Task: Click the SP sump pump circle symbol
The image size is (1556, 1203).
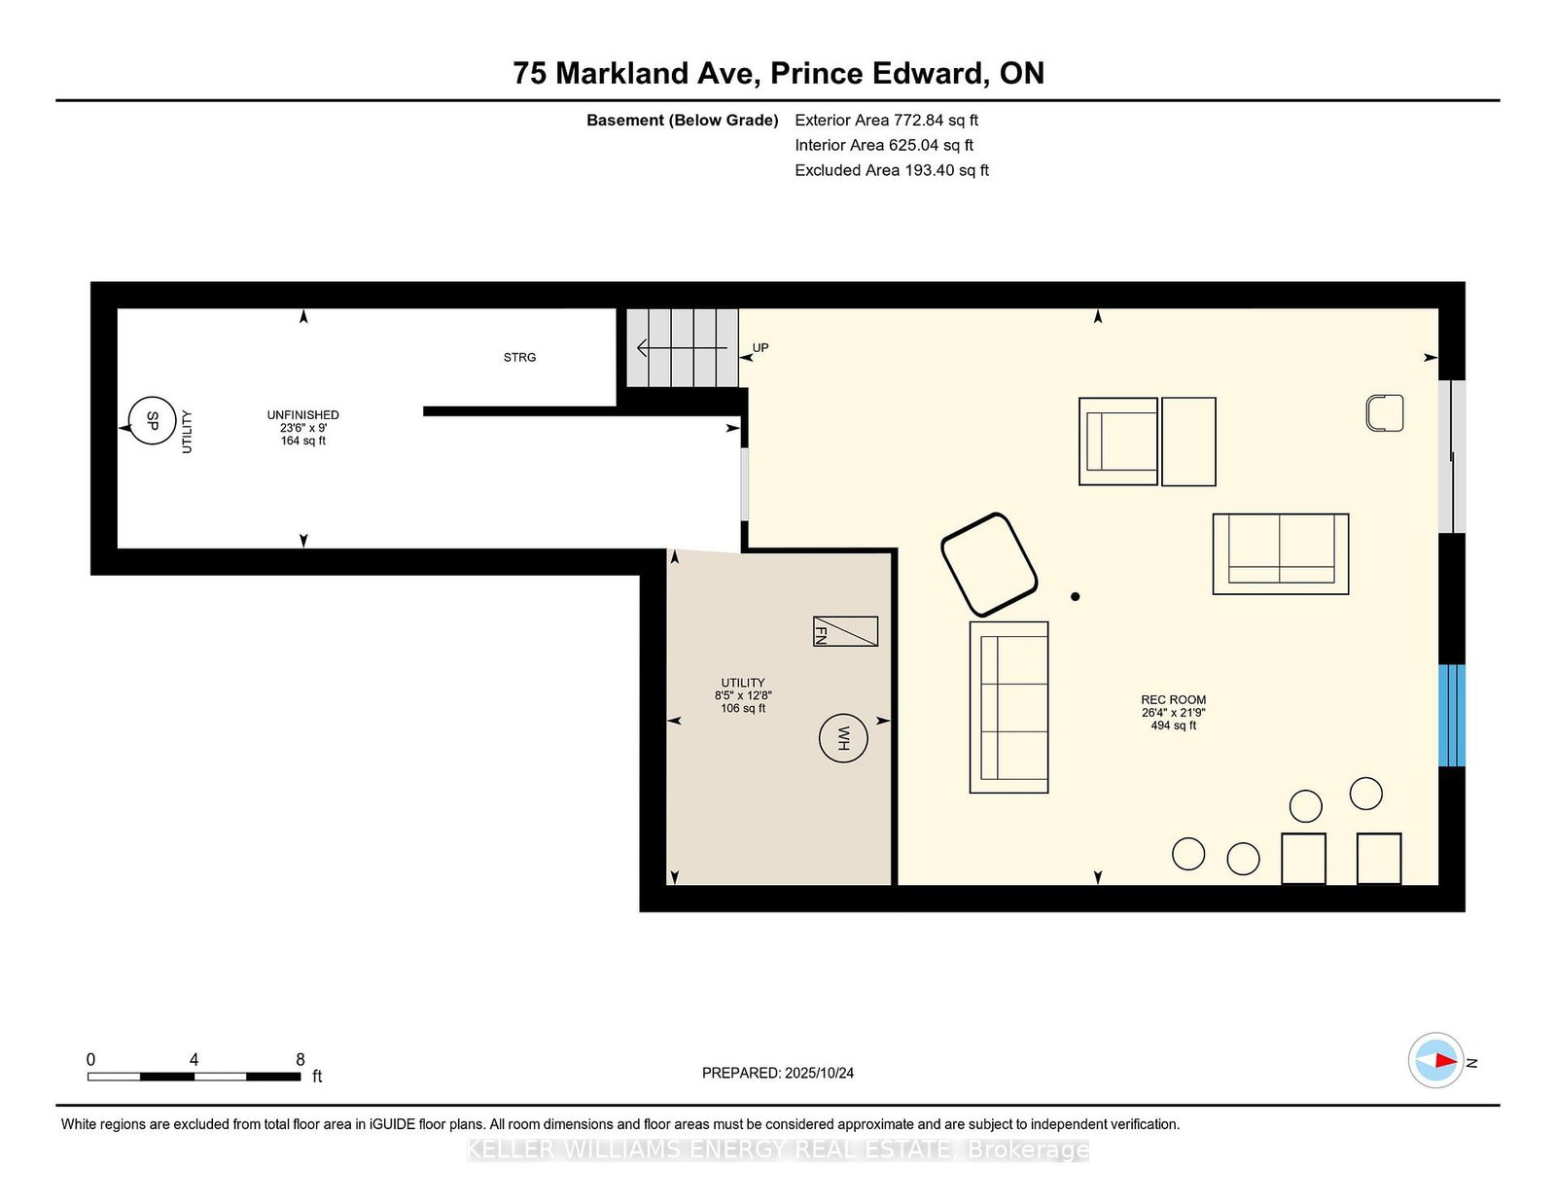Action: pyautogui.click(x=152, y=420)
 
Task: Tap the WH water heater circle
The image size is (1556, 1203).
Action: pyautogui.click(x=843, y=738)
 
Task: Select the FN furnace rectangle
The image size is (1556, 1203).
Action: pyautogui.click(x=845, y=631)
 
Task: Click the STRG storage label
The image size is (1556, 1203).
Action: pyautogui.click(x=519, y=357)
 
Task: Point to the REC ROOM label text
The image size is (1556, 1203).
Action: pyautogui.click(x=1173, y=699)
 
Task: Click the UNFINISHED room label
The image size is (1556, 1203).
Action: pyautogui.click(x=302, y=414)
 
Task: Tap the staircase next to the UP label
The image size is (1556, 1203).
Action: pyautogui.click(x=683, y=348)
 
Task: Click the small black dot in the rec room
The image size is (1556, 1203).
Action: pyautogui.click(x=1075, y=596)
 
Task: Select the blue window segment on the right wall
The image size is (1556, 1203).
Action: pyautogui.click(x=1451, y=716)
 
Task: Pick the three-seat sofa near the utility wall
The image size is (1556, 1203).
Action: pyautogui.click(x=1008, y=707)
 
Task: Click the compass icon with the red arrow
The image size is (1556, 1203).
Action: pyautogui.click(x=1435, y=1060)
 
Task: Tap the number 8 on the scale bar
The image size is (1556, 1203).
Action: pyautogui.click(x=301, y=1059)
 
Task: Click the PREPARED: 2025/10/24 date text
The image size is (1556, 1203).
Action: pyautogui.click(x=778, y=1073)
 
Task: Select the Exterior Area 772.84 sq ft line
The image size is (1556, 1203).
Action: pyautogui.click(x=886, y=121)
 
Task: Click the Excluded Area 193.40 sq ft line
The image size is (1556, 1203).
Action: pyautogui.click(x=892, y=170)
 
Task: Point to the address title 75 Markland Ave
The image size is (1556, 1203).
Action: pyautogui.click(x=636, y=73)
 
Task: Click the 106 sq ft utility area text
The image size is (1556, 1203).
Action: pyautogui.click(x=743, y=708)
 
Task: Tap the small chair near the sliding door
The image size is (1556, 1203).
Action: pyautogui.click(x=1385, y=413)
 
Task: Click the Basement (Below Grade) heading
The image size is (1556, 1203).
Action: pyautogui.click(x=683, y=121)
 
